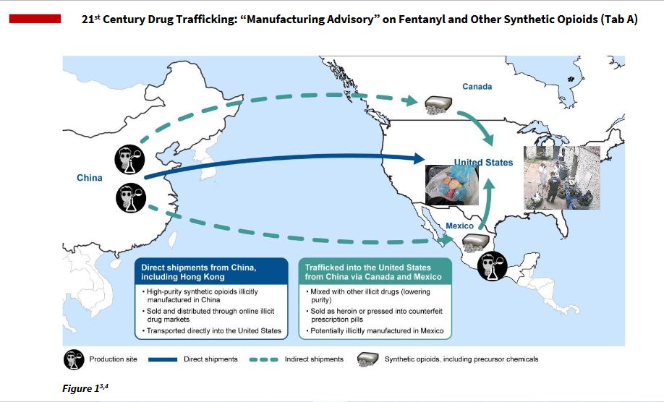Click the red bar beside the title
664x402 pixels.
click(x=34, y=19)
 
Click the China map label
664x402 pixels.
click(x=90, y=178)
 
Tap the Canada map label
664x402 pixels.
click(x=477, y=87)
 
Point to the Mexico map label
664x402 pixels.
click(x=459, y=226)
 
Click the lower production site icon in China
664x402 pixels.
click(x=130, y=197)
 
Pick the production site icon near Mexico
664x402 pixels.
click(x=493, y=265)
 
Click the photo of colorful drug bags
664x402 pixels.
click(x=450, y=185)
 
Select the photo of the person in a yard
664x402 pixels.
click(x=562, y=178)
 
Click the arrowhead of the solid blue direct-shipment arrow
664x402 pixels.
click(x=419, y=158)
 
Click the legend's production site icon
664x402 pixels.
click(x=74, y=359)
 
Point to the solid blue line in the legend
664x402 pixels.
click(x=177, y=359)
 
